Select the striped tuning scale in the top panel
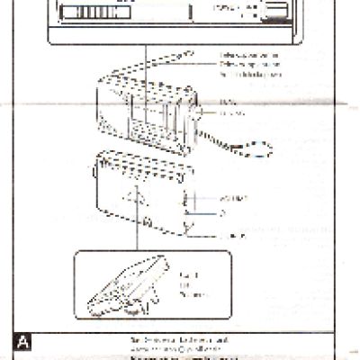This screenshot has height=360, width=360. (86, 13)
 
